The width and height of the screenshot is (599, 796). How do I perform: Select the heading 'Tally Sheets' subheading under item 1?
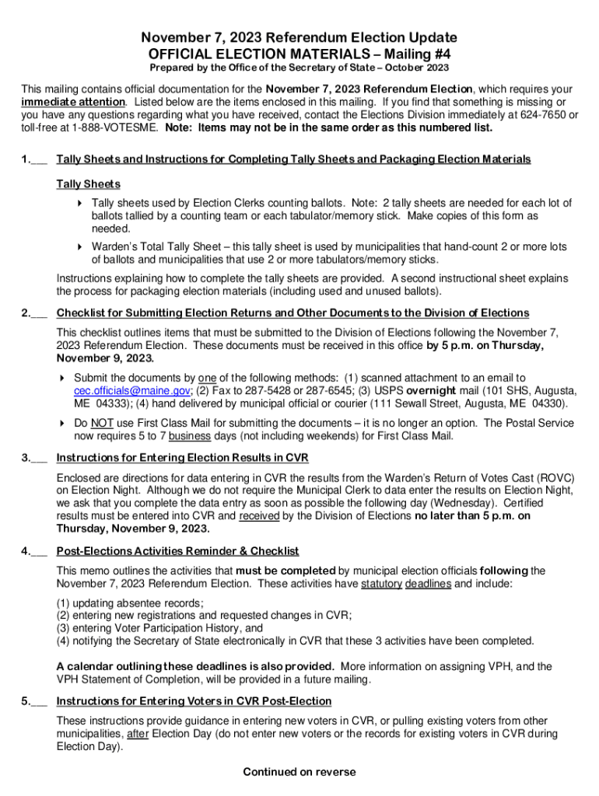89,184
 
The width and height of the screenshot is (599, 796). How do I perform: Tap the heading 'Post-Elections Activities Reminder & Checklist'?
178,551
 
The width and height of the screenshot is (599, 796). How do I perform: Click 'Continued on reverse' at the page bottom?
299,772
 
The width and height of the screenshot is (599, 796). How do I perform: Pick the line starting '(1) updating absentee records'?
130,602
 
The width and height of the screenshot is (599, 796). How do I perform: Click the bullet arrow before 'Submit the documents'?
63,378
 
